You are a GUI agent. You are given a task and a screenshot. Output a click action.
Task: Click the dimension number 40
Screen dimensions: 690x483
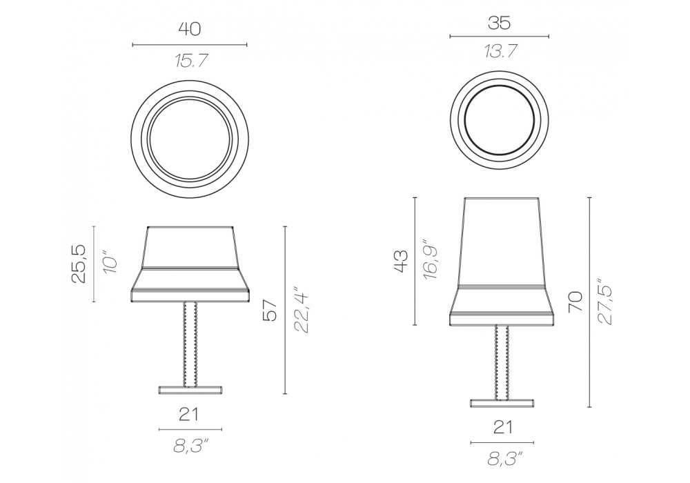pos(189,29)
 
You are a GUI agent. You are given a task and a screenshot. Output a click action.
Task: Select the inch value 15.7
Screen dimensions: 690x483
pos(190,60)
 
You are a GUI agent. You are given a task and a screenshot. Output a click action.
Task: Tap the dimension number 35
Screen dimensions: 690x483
pos(499,23)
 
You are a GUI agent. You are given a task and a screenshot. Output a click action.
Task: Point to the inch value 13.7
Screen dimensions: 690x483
pos(500,52)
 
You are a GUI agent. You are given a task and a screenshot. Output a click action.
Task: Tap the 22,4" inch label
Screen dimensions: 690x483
pos(302,310)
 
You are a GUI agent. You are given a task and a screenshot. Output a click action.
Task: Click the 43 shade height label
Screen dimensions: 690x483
pos(401,262)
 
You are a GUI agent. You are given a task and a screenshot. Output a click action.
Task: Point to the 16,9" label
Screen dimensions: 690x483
pos(430,260)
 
